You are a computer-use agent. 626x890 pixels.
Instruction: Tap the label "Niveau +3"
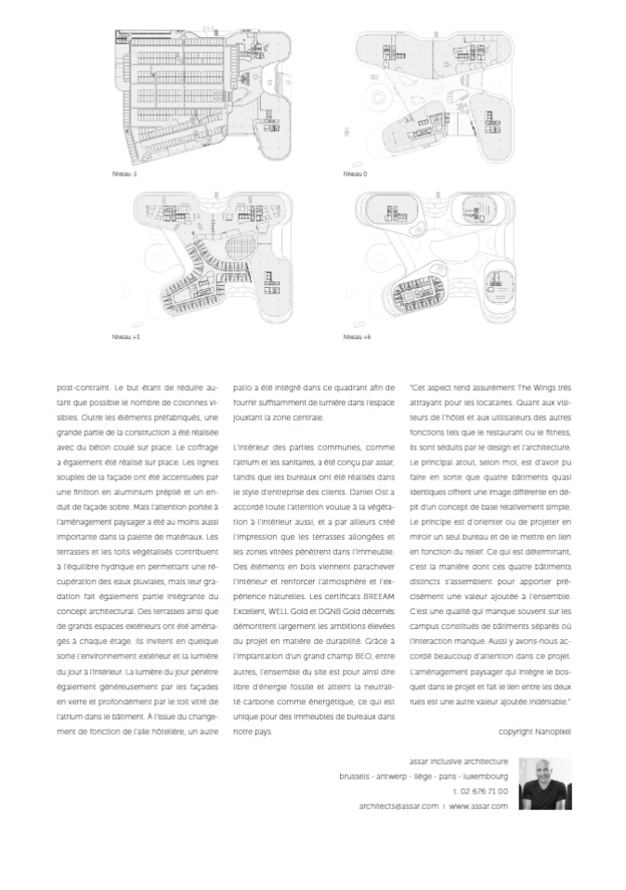(125, 336)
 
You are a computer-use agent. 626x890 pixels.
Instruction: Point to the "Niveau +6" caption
(357, 336)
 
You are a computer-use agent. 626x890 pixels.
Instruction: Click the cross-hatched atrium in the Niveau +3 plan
(237, 251)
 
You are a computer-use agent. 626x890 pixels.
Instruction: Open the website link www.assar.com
(478, 806)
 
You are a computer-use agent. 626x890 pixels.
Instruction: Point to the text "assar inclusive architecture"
(458, 760)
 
